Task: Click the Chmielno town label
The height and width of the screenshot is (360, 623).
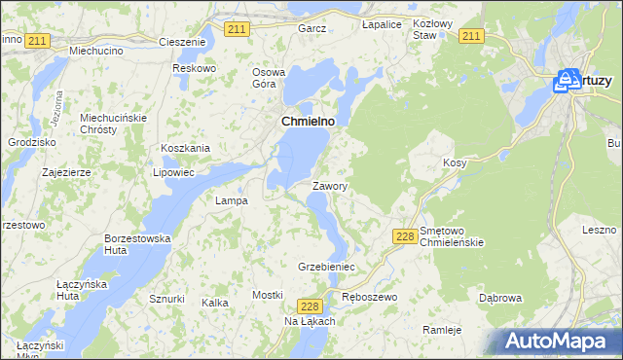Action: [308, 121]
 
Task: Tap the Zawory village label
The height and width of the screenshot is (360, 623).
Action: [330, 185]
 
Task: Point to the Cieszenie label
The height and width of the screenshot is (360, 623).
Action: [182, 43]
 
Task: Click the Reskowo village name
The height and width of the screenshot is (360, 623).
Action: [193, 68]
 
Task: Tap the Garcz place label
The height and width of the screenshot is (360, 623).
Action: [312, 29]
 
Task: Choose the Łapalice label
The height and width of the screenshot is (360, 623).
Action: [382, 23]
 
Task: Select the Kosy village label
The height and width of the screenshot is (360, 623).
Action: [455, 162]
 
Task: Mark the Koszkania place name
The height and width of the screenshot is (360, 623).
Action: [186, 148]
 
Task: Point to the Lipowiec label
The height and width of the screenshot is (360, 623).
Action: [174, 172]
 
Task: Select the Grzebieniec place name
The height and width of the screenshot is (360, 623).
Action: [326, 266]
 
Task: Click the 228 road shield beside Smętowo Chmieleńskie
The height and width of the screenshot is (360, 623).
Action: [407, 236]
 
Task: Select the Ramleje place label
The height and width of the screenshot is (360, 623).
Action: [442, 330]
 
